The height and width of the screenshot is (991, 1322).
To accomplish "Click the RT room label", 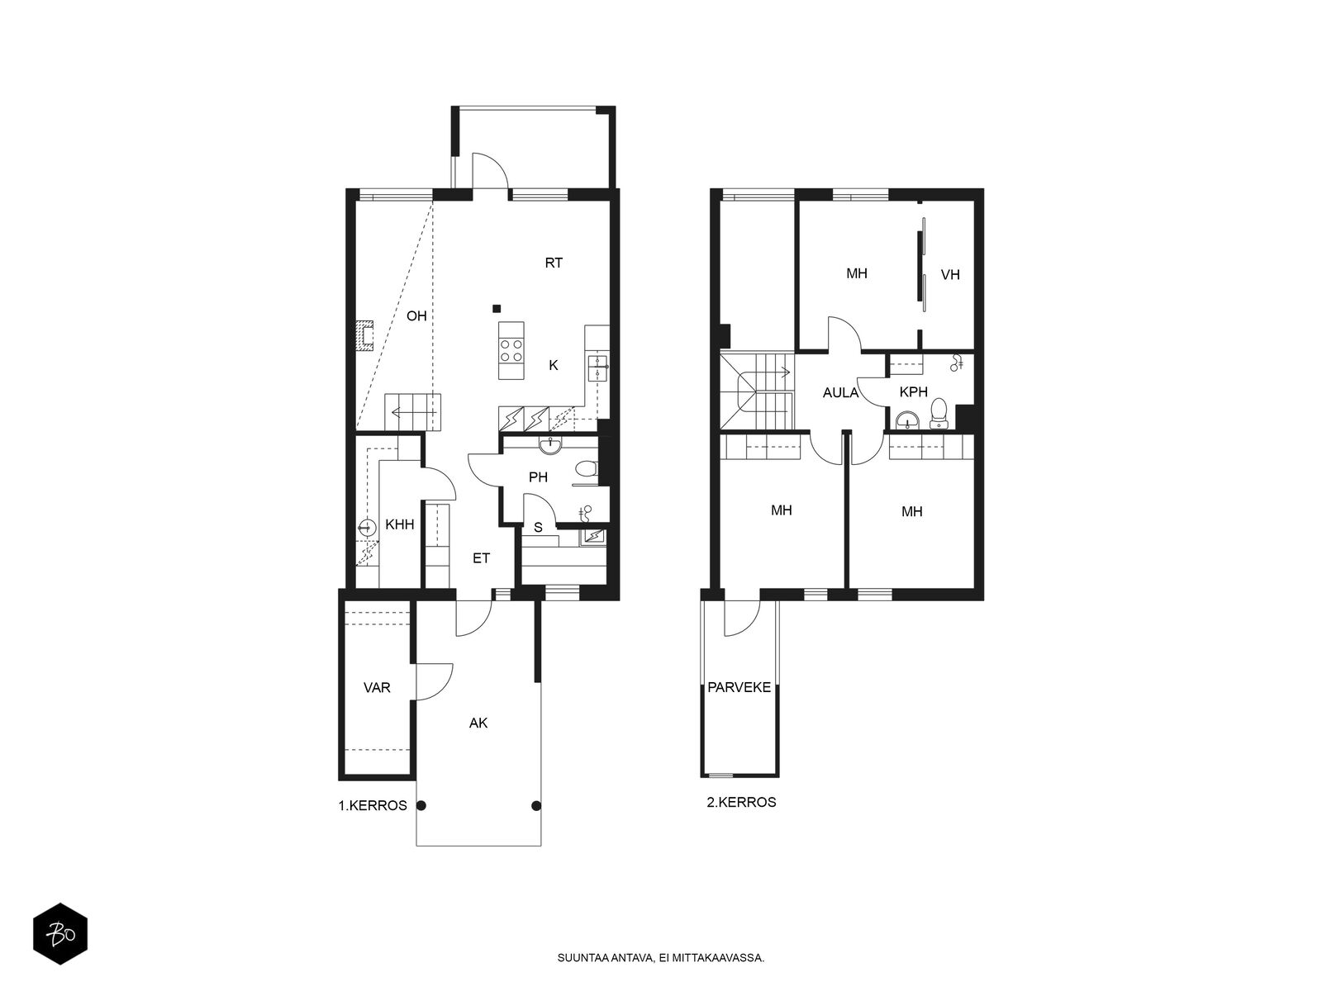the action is coord(554,263).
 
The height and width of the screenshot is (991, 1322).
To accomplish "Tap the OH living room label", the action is coord(416,316).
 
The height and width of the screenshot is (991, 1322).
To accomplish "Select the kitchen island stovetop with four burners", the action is coord(511,350).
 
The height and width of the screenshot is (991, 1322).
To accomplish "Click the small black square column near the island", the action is coord(497,309).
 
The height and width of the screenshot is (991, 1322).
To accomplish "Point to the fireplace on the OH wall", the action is coord(364,336).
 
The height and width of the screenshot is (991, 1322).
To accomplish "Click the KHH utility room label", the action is coord(400,524).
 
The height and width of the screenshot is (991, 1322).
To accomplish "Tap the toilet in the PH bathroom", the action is coord(586,467).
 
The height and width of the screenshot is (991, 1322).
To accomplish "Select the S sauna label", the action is coord(538,528).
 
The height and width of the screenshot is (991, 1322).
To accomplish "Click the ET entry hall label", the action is coord(481,558).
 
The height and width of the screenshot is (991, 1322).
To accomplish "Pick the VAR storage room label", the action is coord(377,687).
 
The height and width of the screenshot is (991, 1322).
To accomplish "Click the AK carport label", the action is coord(478,723).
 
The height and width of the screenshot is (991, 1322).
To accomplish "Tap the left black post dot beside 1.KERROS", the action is coord(421,805).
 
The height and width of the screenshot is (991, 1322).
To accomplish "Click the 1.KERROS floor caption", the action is coord(373,805).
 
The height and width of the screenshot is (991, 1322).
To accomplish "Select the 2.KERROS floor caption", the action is coord(741,802).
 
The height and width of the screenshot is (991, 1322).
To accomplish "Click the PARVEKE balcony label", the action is coord(739,687).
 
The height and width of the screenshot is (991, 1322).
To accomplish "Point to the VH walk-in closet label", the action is coord(950,275).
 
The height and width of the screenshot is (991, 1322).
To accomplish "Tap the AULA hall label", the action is coord(841,393).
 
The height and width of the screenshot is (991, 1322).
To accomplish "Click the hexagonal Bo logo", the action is coord(60,934).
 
